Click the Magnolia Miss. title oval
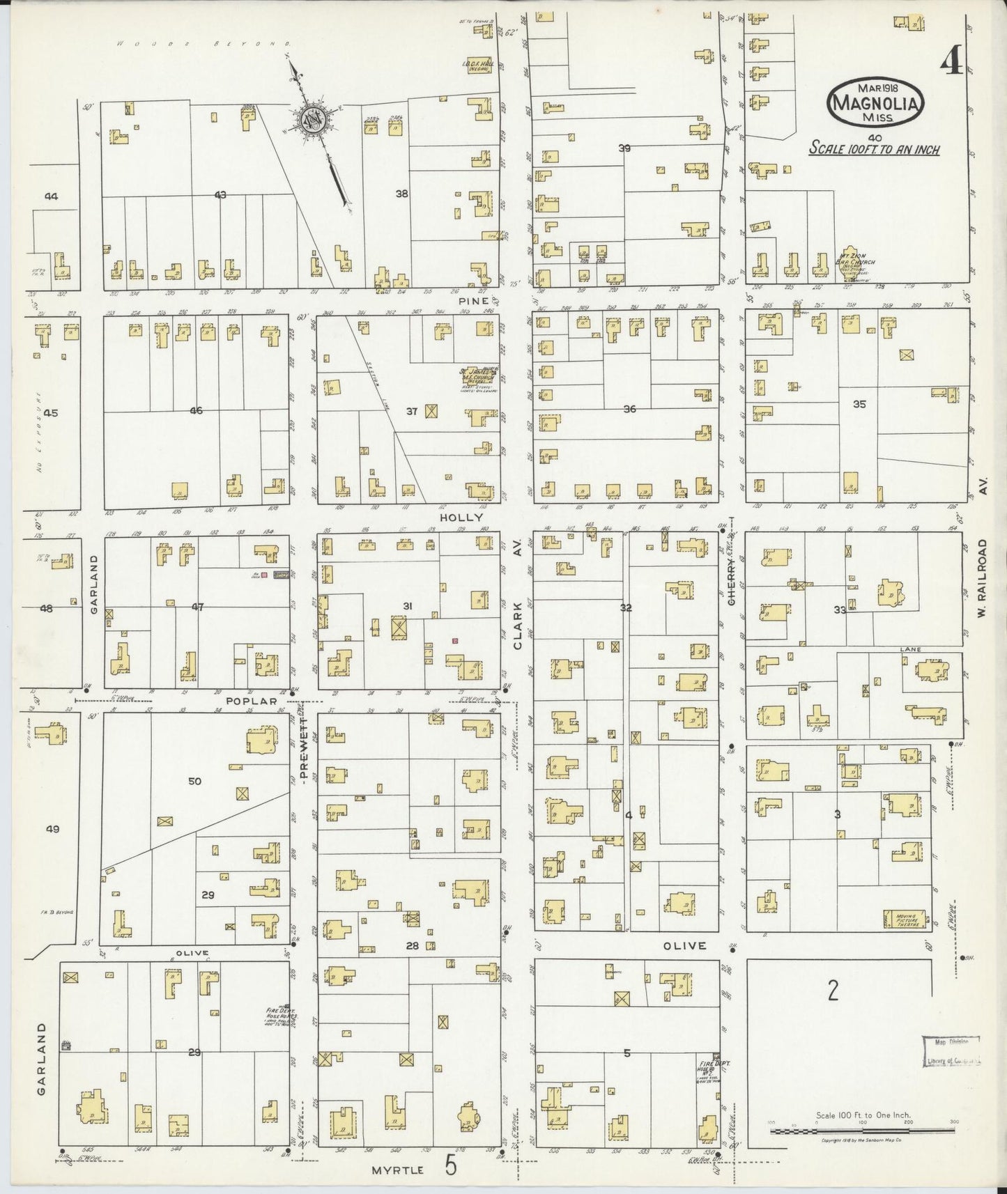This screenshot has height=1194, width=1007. pyautogui.click(x=875, y=102)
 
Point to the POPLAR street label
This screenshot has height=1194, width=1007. pyautogui.click(x=255, y=701)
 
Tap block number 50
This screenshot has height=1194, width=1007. pyautogui.click(x=194, y=781)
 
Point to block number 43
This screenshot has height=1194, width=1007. pyautogui.click(x=220, y=195)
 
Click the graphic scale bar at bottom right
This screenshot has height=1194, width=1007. pyautogui.click(x=862, y=1130)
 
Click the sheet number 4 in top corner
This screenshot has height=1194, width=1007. pyautogui.click(x=951, y=64)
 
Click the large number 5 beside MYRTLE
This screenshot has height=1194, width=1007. pyautogui.click(x=451, y=1165)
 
